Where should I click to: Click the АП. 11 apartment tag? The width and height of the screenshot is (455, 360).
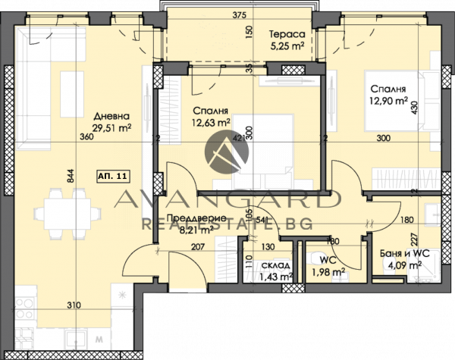(112, 176)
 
